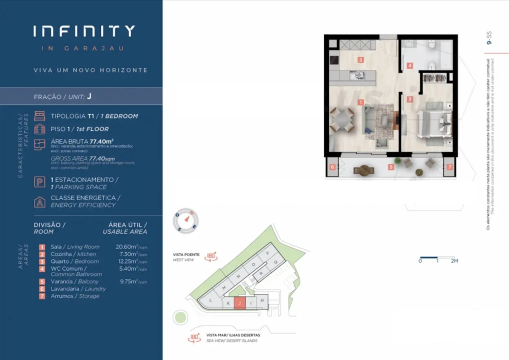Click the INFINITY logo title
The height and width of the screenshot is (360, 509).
tap(84, 31)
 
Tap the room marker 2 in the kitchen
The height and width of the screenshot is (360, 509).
tap(360, 60)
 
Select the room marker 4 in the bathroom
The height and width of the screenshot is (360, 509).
tap(409, 65)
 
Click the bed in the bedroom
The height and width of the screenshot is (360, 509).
tap(433, 122)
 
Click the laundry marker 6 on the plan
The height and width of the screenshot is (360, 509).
tap(332, 167)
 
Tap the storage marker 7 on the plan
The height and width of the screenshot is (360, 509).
tap(449, 167)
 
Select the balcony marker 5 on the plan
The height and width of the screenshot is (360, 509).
tap(391, 167)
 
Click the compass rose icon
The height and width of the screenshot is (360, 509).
tap(185, 221)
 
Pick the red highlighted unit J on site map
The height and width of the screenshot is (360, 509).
tap(240, 303)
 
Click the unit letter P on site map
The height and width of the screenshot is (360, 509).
tap(268, 253)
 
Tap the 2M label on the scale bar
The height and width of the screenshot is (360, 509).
tap(454, 261)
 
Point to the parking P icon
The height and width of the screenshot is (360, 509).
tap(39, 183)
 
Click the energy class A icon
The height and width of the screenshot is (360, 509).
tap(39, 201)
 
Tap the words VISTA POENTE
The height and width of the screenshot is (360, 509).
tap(186, 254)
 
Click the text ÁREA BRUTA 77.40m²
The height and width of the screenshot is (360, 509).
tap(82, 141)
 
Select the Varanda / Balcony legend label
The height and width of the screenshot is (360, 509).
tap(74, 281)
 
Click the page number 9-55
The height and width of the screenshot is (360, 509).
tap(489, 38)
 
